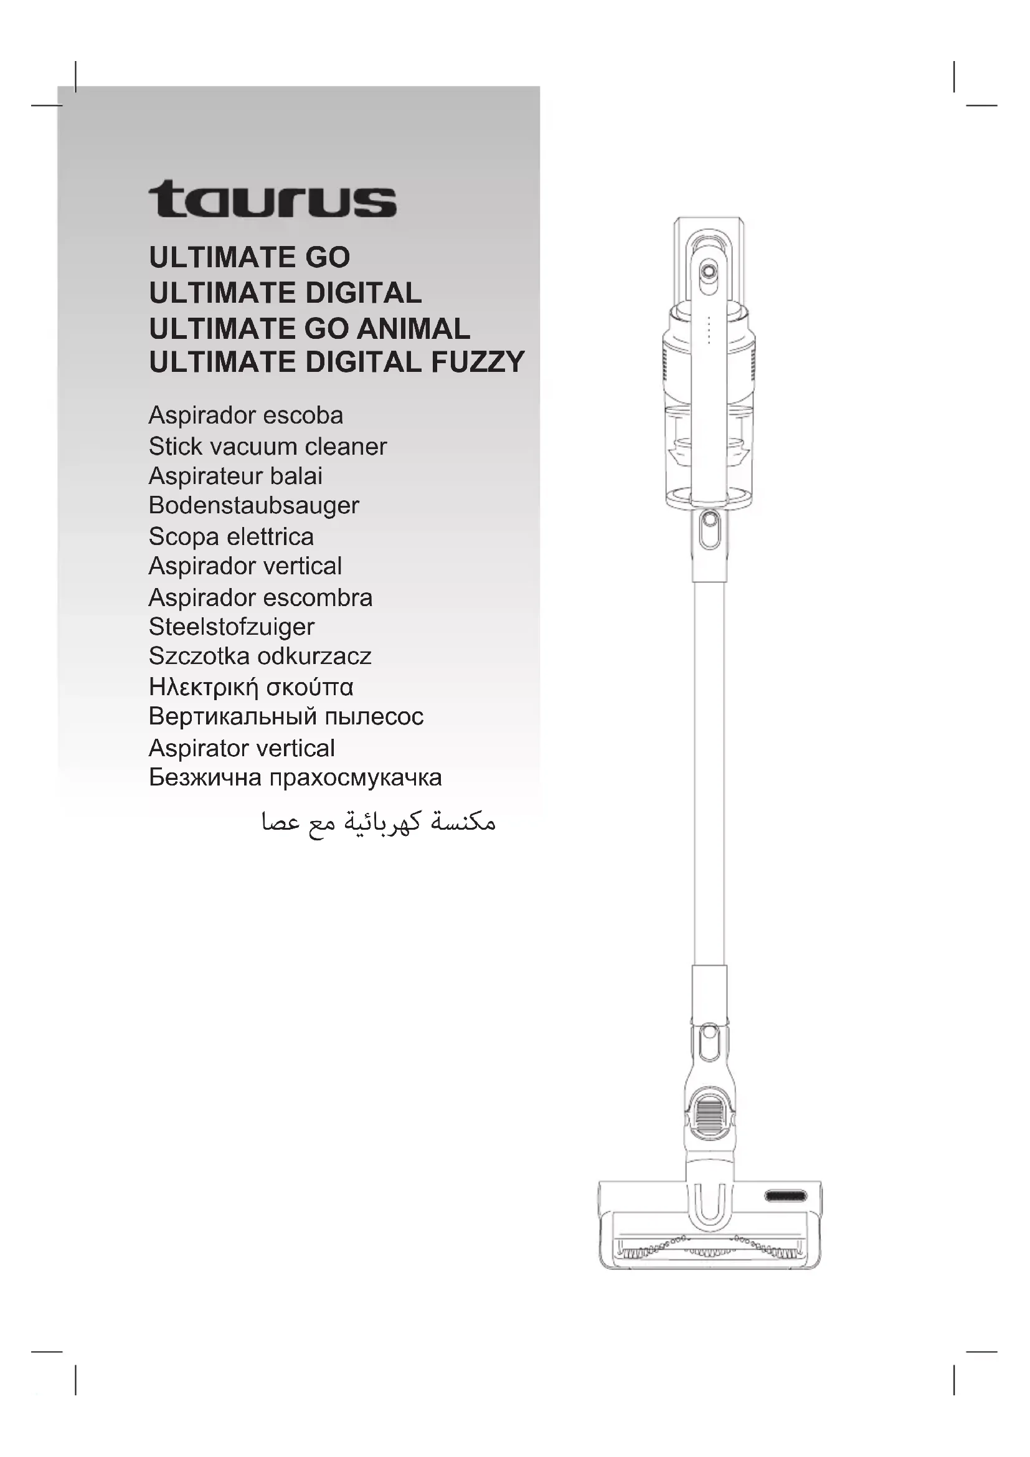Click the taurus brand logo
(x=273, y=199)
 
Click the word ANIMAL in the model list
(x=413, y=329)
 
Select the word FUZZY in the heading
(x=478, y=363)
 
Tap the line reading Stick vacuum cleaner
(x=267, y=447)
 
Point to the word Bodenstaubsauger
(x=253, y=506)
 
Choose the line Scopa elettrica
(x=231, y=537)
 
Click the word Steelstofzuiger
(x=232, y=627)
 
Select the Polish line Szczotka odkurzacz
(x=260, y=656)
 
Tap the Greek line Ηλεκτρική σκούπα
(x=251, y=687)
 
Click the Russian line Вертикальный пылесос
(x=286, y=717)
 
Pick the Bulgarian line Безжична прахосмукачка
(x=295, y=778)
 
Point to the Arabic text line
(x=378, y=823)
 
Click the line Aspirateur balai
(x=235, y=477)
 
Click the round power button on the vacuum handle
(x=709, y=272)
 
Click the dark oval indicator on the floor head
(x=785, y=1196)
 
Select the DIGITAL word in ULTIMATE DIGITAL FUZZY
(x=364, y=363)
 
